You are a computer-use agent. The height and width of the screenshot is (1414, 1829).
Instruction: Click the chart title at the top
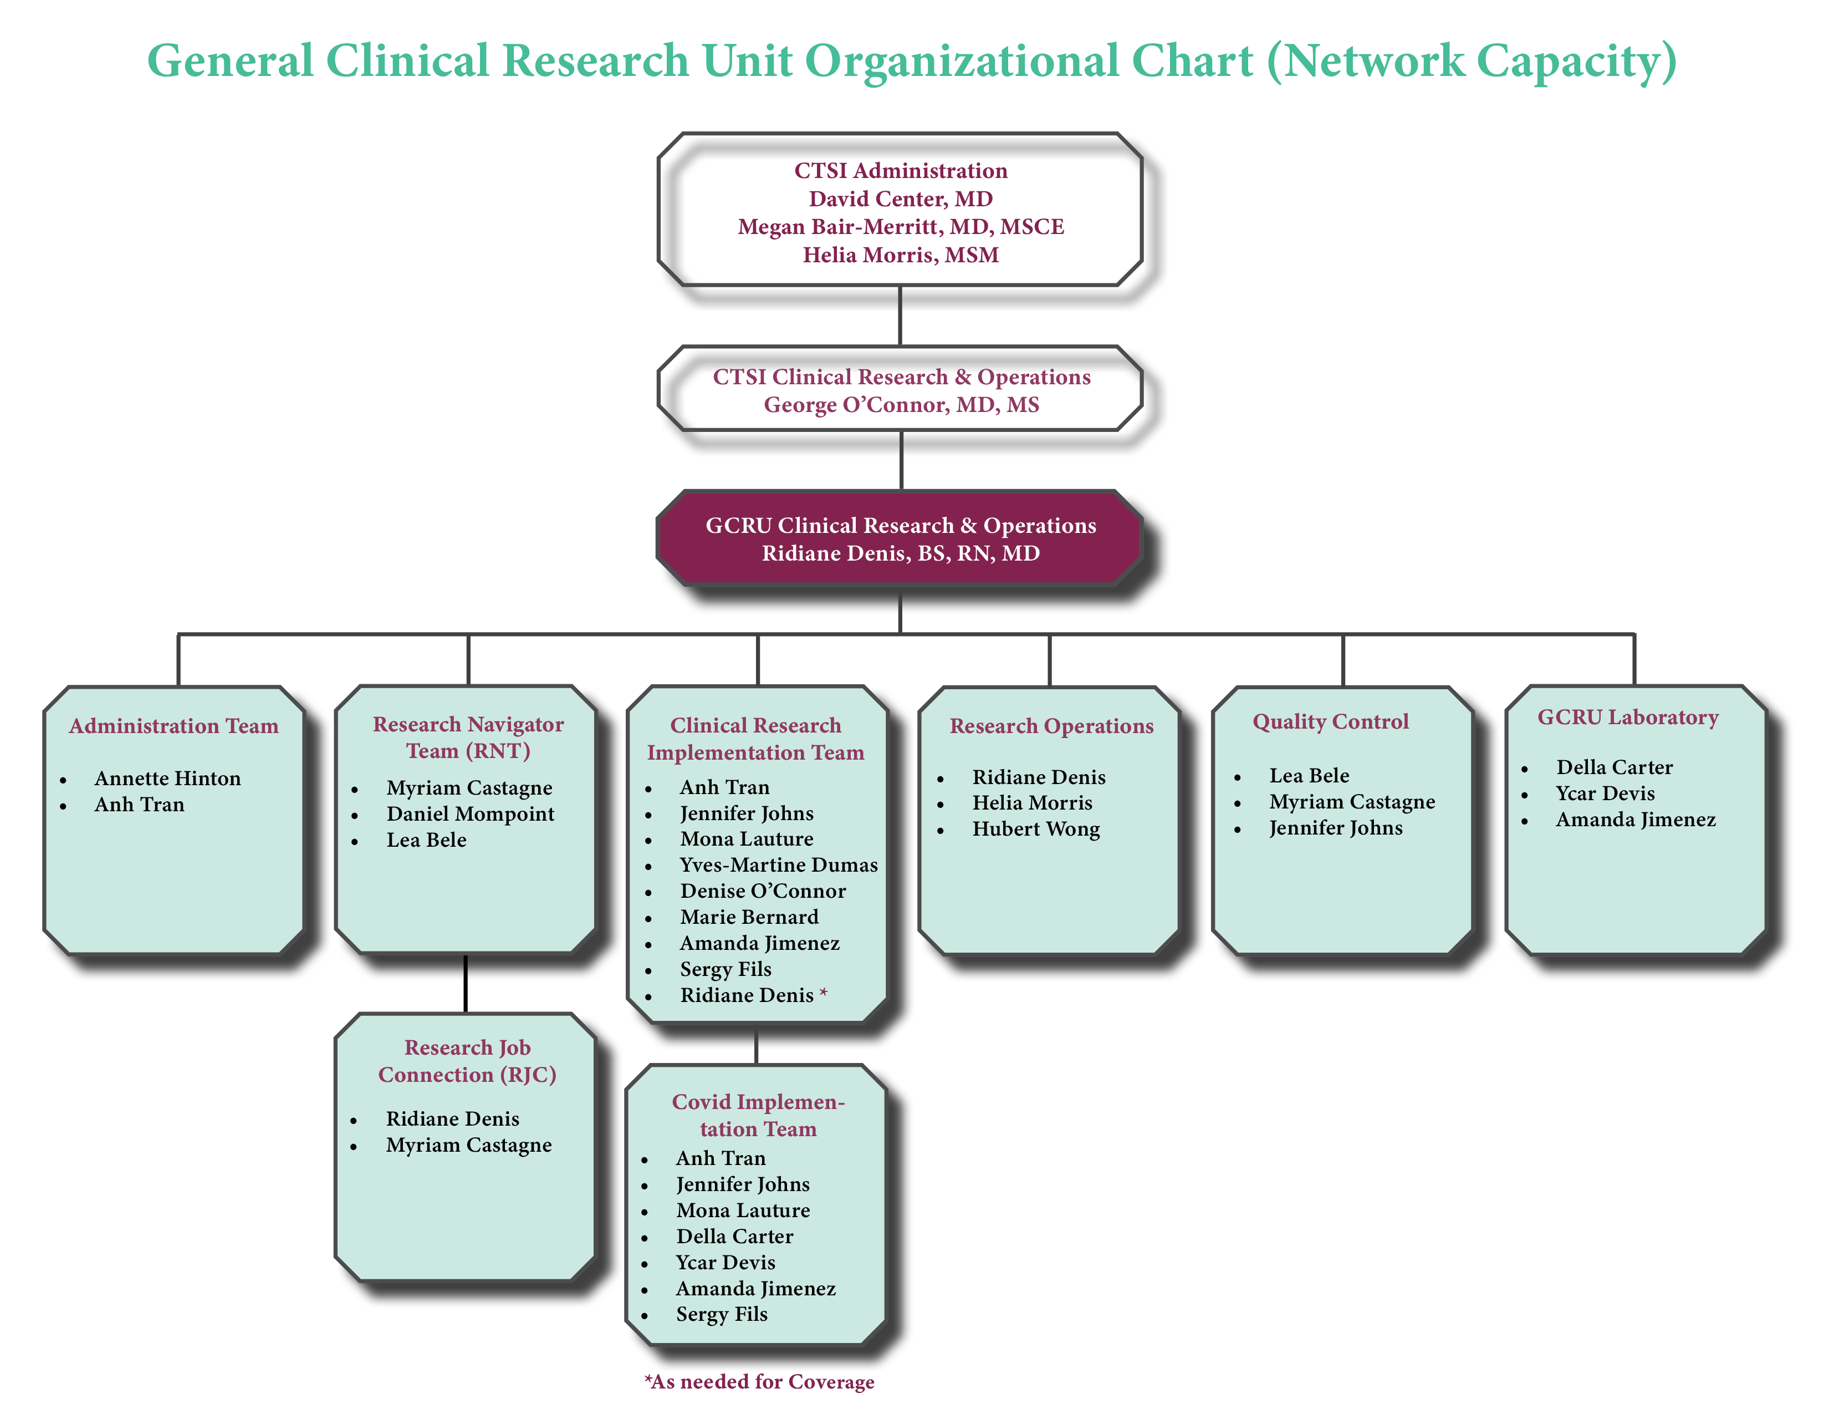pyautogui.click(x=911, y=61)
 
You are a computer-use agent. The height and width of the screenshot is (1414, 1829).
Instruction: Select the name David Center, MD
pyautogui.click(x=900, y=199)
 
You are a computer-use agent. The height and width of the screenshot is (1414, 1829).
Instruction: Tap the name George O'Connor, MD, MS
pyautogui.click(x=901, y=405)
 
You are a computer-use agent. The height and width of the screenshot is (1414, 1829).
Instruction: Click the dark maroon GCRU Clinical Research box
pyautogui.click(x=900, y=538)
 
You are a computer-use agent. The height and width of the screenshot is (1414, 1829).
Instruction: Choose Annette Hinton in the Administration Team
pyautogui.click(x=167, y=778)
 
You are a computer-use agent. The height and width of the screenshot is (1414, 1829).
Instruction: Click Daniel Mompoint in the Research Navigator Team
pyautogui.click(x=470, y=813)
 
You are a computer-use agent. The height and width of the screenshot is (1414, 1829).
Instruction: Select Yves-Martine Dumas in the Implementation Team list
pyautogui.click(x=778, y=864)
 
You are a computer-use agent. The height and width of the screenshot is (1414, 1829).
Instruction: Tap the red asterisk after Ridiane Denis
pyautogui.click(x=823, y=994)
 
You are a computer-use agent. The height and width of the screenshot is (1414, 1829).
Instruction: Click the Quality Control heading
pyautogui.click(x=1330, y=721)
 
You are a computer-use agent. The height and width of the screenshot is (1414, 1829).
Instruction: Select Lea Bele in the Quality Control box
pyautogui.click(x=1309, y=776)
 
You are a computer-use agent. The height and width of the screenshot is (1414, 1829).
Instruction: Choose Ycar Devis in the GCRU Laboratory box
pyautogui.click(x=1605, y=794)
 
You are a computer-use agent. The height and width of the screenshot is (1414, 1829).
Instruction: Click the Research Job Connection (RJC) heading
pyautogui.click(x=467, y=1060)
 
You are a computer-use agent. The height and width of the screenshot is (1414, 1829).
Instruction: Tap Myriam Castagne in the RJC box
pyautogui.click(x=468, y=1145)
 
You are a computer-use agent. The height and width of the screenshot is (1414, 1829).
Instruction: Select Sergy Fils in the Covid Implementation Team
pyautogui.click(x=721, y=1314)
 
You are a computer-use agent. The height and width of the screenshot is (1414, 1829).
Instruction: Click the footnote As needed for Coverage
pyautogui.click(x=759, y=1381)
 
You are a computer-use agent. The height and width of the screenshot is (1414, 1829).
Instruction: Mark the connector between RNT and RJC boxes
pyautogui.click(x=466, y=984)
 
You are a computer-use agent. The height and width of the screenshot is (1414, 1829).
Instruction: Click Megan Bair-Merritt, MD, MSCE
pyautogui.click(x=900, y=226)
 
